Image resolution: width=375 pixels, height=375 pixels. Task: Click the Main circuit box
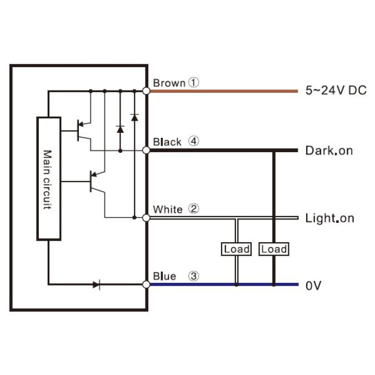point(48,178)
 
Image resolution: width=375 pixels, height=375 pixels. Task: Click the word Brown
point(168,83)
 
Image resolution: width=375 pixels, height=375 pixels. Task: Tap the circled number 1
point(193,83)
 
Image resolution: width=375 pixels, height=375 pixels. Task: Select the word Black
point(167,142)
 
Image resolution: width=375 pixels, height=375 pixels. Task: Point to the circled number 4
point(193,141)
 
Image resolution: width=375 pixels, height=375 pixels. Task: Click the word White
point(167,209)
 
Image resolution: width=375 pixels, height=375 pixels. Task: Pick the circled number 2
point(193,209)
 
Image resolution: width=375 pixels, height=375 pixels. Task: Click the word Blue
point(164,276)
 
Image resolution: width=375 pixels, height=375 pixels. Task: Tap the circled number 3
point(193,276)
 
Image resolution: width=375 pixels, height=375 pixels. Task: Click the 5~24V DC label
point(336,91)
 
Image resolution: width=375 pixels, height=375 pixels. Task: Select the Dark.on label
point(329,151)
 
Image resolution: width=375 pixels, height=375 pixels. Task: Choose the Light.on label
point(329,218)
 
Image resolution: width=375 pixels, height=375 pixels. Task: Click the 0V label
point(313,286)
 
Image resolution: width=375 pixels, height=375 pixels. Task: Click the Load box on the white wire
point(237,249)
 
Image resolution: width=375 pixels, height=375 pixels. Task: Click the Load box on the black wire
point(274,249)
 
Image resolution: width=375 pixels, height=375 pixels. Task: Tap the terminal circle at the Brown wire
point(147,91)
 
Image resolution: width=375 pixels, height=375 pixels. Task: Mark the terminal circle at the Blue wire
point(147,284)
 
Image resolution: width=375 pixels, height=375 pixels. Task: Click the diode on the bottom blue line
point(97,284)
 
